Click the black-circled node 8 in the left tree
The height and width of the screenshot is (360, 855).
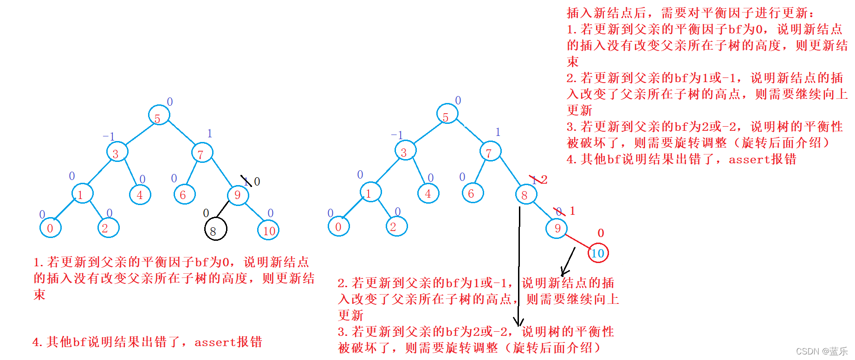point(215,229)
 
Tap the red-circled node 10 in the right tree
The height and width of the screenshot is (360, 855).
point(598,253)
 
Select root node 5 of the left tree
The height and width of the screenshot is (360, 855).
point(159,116)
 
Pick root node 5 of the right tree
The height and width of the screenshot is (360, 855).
point(447,114)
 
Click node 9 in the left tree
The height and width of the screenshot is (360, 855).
point(238,195)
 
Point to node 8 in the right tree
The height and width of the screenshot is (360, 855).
point(525,194)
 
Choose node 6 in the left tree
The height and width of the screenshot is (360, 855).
point(184,195)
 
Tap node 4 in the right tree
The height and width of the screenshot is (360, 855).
point(428,193)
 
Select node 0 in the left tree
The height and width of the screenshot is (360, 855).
point(51,228)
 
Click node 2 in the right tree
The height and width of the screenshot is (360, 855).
point(396,226)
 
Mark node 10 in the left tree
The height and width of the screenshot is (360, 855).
point(268,231)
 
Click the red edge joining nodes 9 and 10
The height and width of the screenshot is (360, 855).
point(577,241)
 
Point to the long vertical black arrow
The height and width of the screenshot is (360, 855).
point(519,264)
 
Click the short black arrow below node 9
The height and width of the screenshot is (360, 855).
point(568,262)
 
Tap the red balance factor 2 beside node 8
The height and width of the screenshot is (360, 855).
point(544,180)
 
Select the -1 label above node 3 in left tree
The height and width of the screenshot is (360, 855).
point(109,136)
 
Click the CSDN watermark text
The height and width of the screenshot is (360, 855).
point(821,351)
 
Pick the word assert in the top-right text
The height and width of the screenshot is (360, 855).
point(749,160)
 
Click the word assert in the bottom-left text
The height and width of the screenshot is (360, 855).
point(215,343)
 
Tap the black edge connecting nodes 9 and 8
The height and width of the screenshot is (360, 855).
point(223,209)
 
